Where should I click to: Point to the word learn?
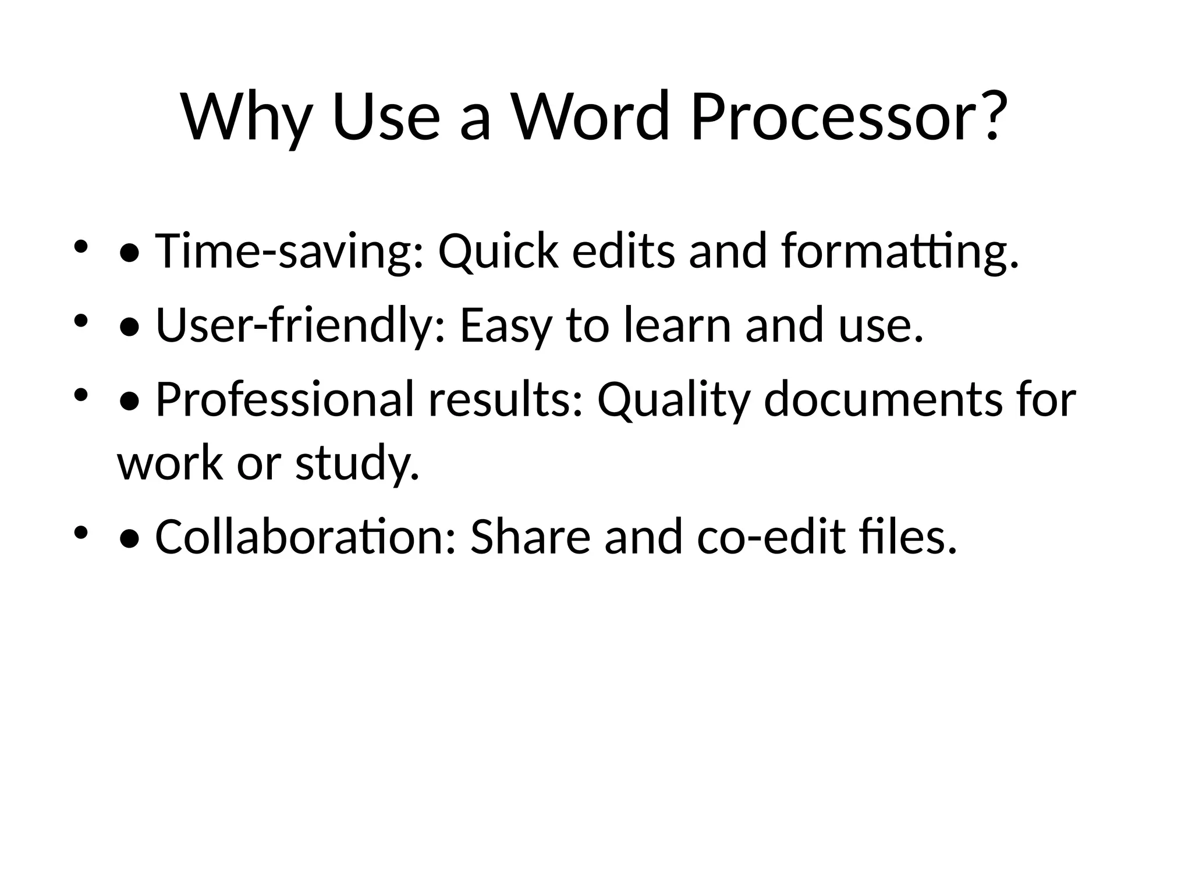tap(677, 325)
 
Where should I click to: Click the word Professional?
tap(285, 400)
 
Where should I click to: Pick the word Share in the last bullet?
tap(530, 537)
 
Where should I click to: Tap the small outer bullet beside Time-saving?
tap(80, 248)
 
